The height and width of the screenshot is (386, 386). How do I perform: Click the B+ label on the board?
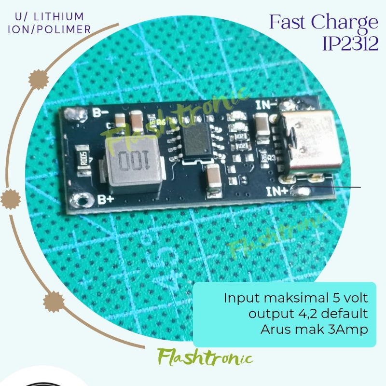[106, 199]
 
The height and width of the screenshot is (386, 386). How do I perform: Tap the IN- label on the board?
[266, 105]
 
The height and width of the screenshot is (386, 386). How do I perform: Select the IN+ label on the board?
[277, 192]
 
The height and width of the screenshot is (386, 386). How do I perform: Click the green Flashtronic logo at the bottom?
[205, 358]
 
